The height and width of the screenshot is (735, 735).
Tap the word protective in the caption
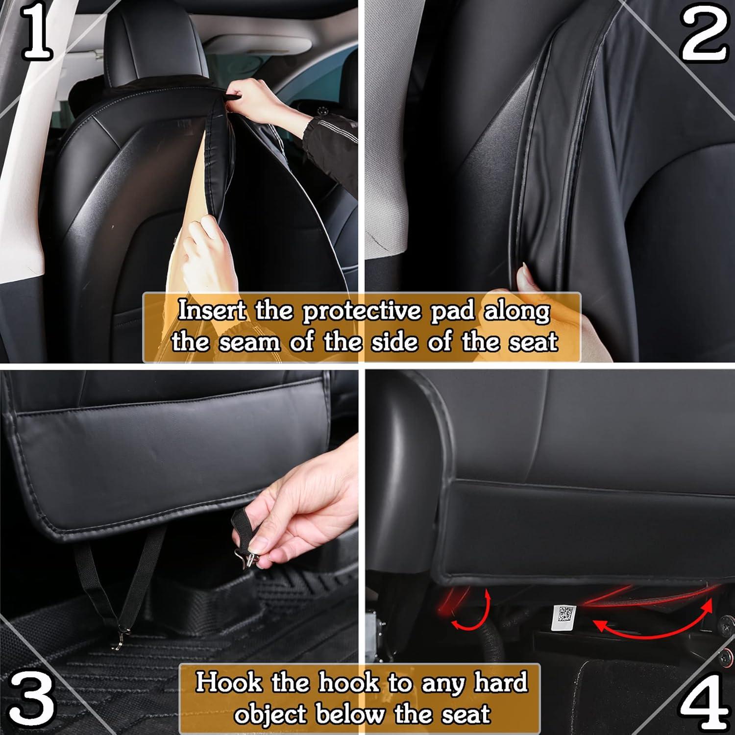362,312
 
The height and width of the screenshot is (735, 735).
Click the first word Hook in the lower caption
228,682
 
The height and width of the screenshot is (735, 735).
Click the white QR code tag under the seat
563,617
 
